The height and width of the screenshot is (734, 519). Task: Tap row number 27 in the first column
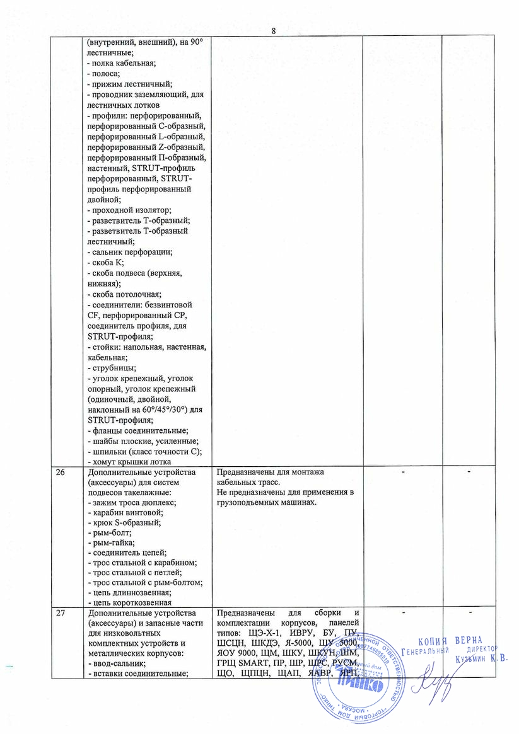[61, 613]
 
